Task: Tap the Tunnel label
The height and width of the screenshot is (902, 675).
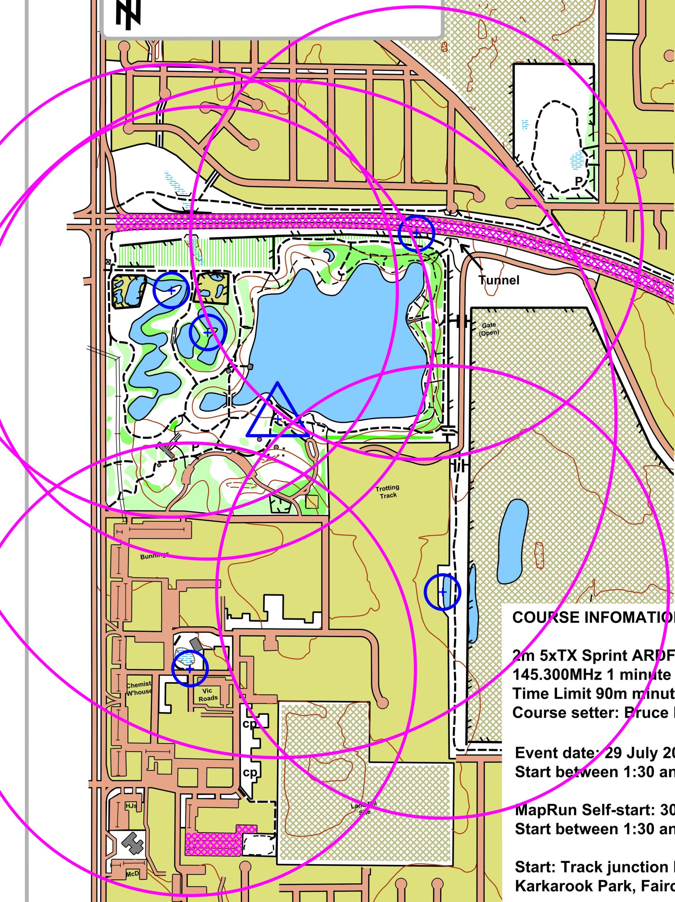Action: coord(499,280)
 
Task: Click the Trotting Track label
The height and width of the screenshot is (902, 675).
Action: coord(387,492)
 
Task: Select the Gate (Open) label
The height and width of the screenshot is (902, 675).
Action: coord(489,329)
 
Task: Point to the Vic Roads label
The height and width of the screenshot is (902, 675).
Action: coord(208,694)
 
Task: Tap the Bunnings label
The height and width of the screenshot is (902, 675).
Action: coord(154,556)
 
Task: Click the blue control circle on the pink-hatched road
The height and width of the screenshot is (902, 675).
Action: coord(416,233)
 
